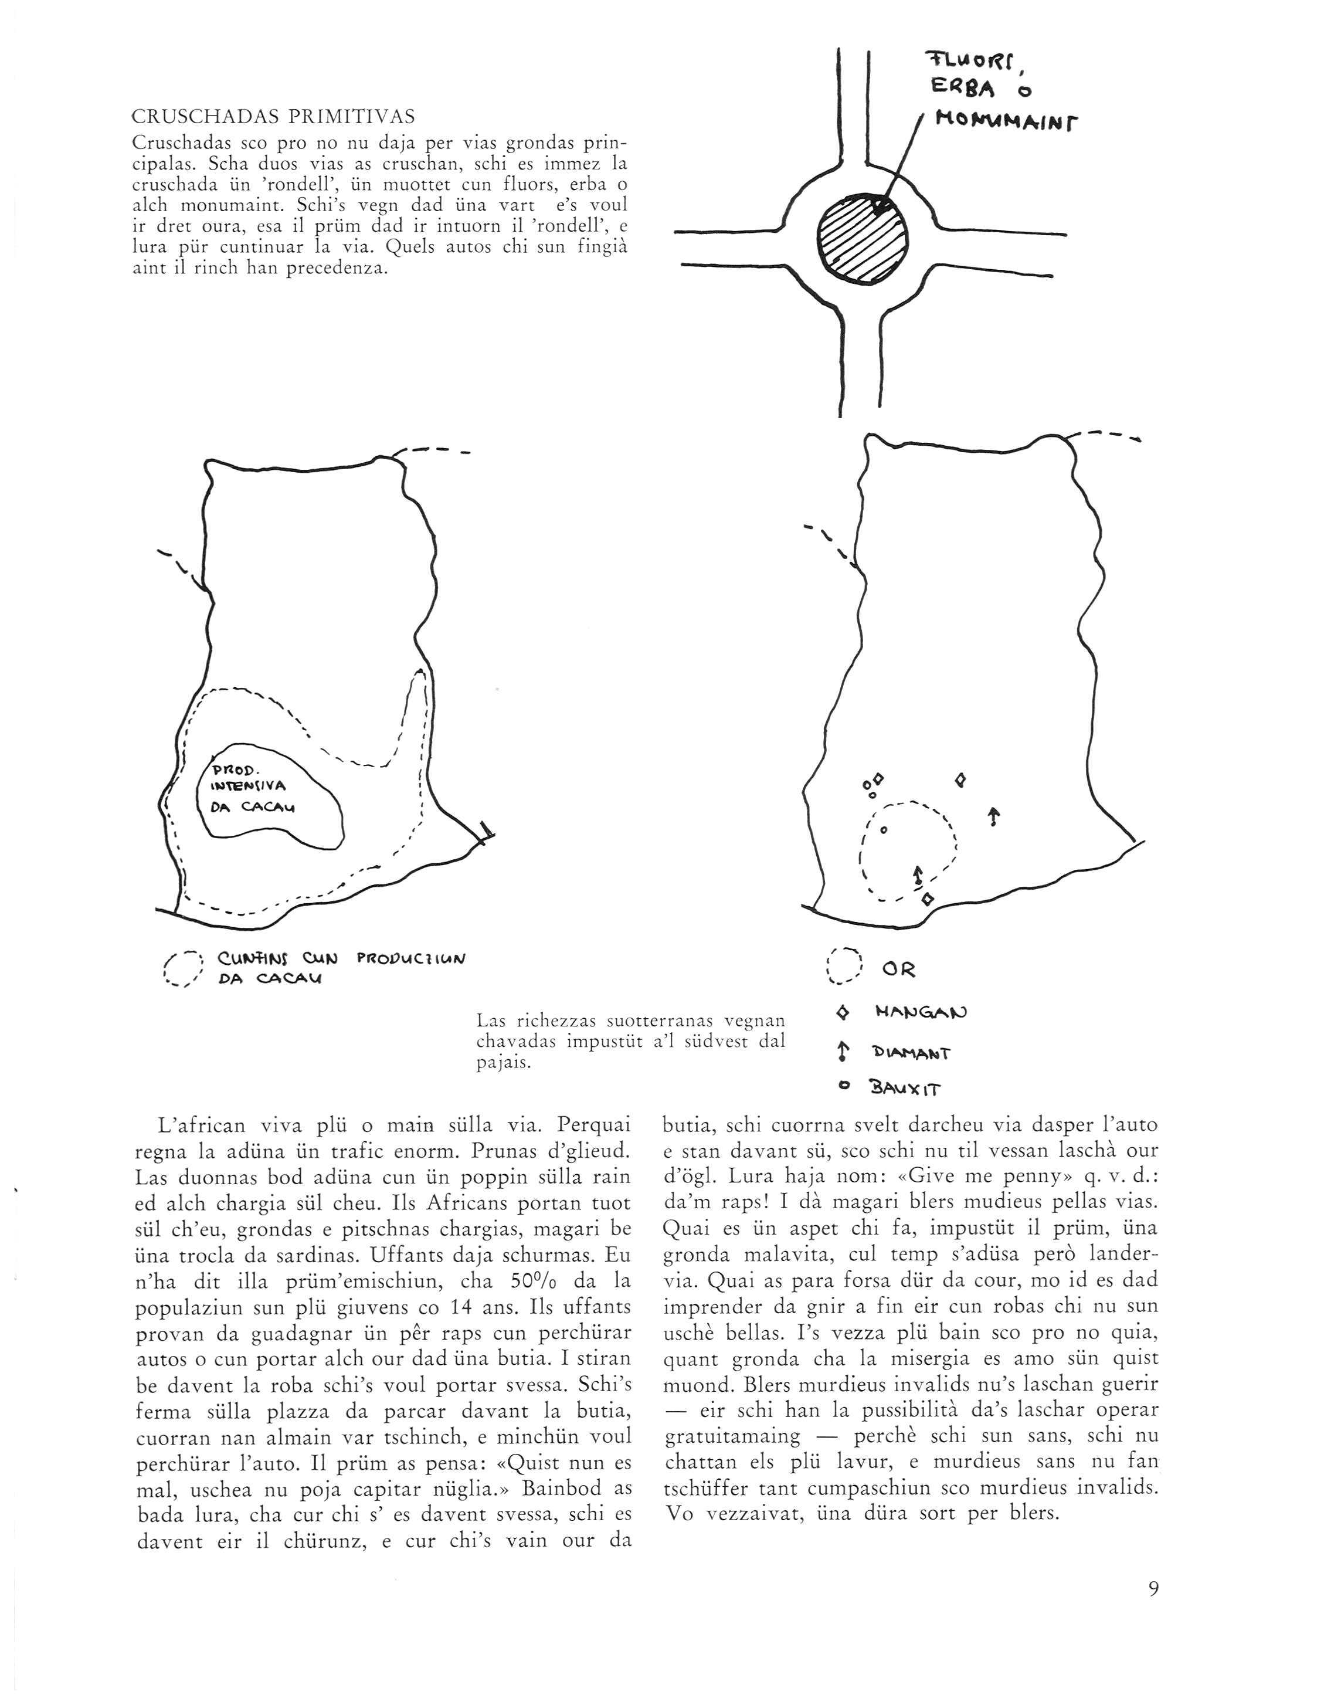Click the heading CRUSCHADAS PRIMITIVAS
pos(273,117)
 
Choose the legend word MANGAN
pos(921,1012)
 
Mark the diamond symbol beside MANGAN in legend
pos(844,1012)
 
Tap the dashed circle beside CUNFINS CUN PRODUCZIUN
pos(185,968)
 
